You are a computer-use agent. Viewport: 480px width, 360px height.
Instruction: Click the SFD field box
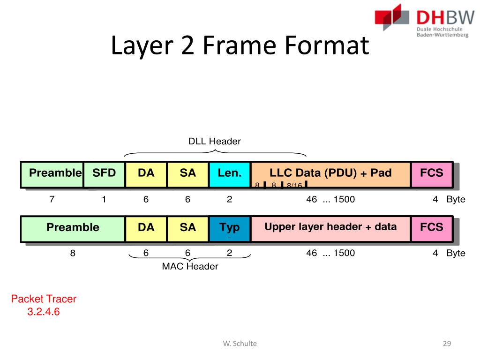pyautogui.click(x=104, y=174)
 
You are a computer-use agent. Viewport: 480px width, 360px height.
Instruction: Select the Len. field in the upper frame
pyautogui.click(x=230, y=174)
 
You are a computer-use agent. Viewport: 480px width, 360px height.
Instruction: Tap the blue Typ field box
pyautogui.click(x=230, y=228)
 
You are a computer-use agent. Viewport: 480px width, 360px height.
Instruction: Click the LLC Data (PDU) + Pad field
pyautogui.click(x=330, y=174)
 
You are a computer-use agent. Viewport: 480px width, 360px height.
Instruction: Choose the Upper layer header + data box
pyautogui.click(x=330, y=228)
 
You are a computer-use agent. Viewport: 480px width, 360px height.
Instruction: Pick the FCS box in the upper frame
pyautogui.click(x=432, y=174)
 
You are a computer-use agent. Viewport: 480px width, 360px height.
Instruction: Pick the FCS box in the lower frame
pyautogui.click(x=432, y=228)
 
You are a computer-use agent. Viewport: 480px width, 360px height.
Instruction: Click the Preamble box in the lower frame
pyautogui.click(x=73, y=228)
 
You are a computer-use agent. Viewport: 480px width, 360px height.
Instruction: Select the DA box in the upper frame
pyautogui.click(x=146, y=174)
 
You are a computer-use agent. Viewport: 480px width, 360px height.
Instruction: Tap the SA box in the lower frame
pyautogui.click(x=187, y=228)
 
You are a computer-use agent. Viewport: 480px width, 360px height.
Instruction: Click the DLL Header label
pyautogui.click(x=214, y=141)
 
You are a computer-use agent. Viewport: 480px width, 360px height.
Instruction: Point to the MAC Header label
pyautogui.click(x=190, y=267)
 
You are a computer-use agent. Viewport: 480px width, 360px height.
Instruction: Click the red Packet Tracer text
pyautogui.click(x=44, y=299)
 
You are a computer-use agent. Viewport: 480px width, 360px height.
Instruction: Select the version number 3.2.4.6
pyautogui.click(x=44, y=312)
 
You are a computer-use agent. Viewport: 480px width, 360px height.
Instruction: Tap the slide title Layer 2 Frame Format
pyautogui.click(x=240, y=47)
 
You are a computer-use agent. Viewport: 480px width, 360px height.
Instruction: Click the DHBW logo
pyautogui.click(x=421, y=21)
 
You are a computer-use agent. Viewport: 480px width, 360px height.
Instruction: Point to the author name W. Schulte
pyautogui.click(x=240, y=344)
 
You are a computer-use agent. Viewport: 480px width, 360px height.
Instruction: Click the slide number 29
pyautogui.click(x=447, y=344)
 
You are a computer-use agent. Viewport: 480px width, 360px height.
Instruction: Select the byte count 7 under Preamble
pyautogui.click(x=52, y=199)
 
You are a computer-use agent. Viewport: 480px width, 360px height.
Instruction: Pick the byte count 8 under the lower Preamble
pyautogui.click(x=73, y=253)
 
